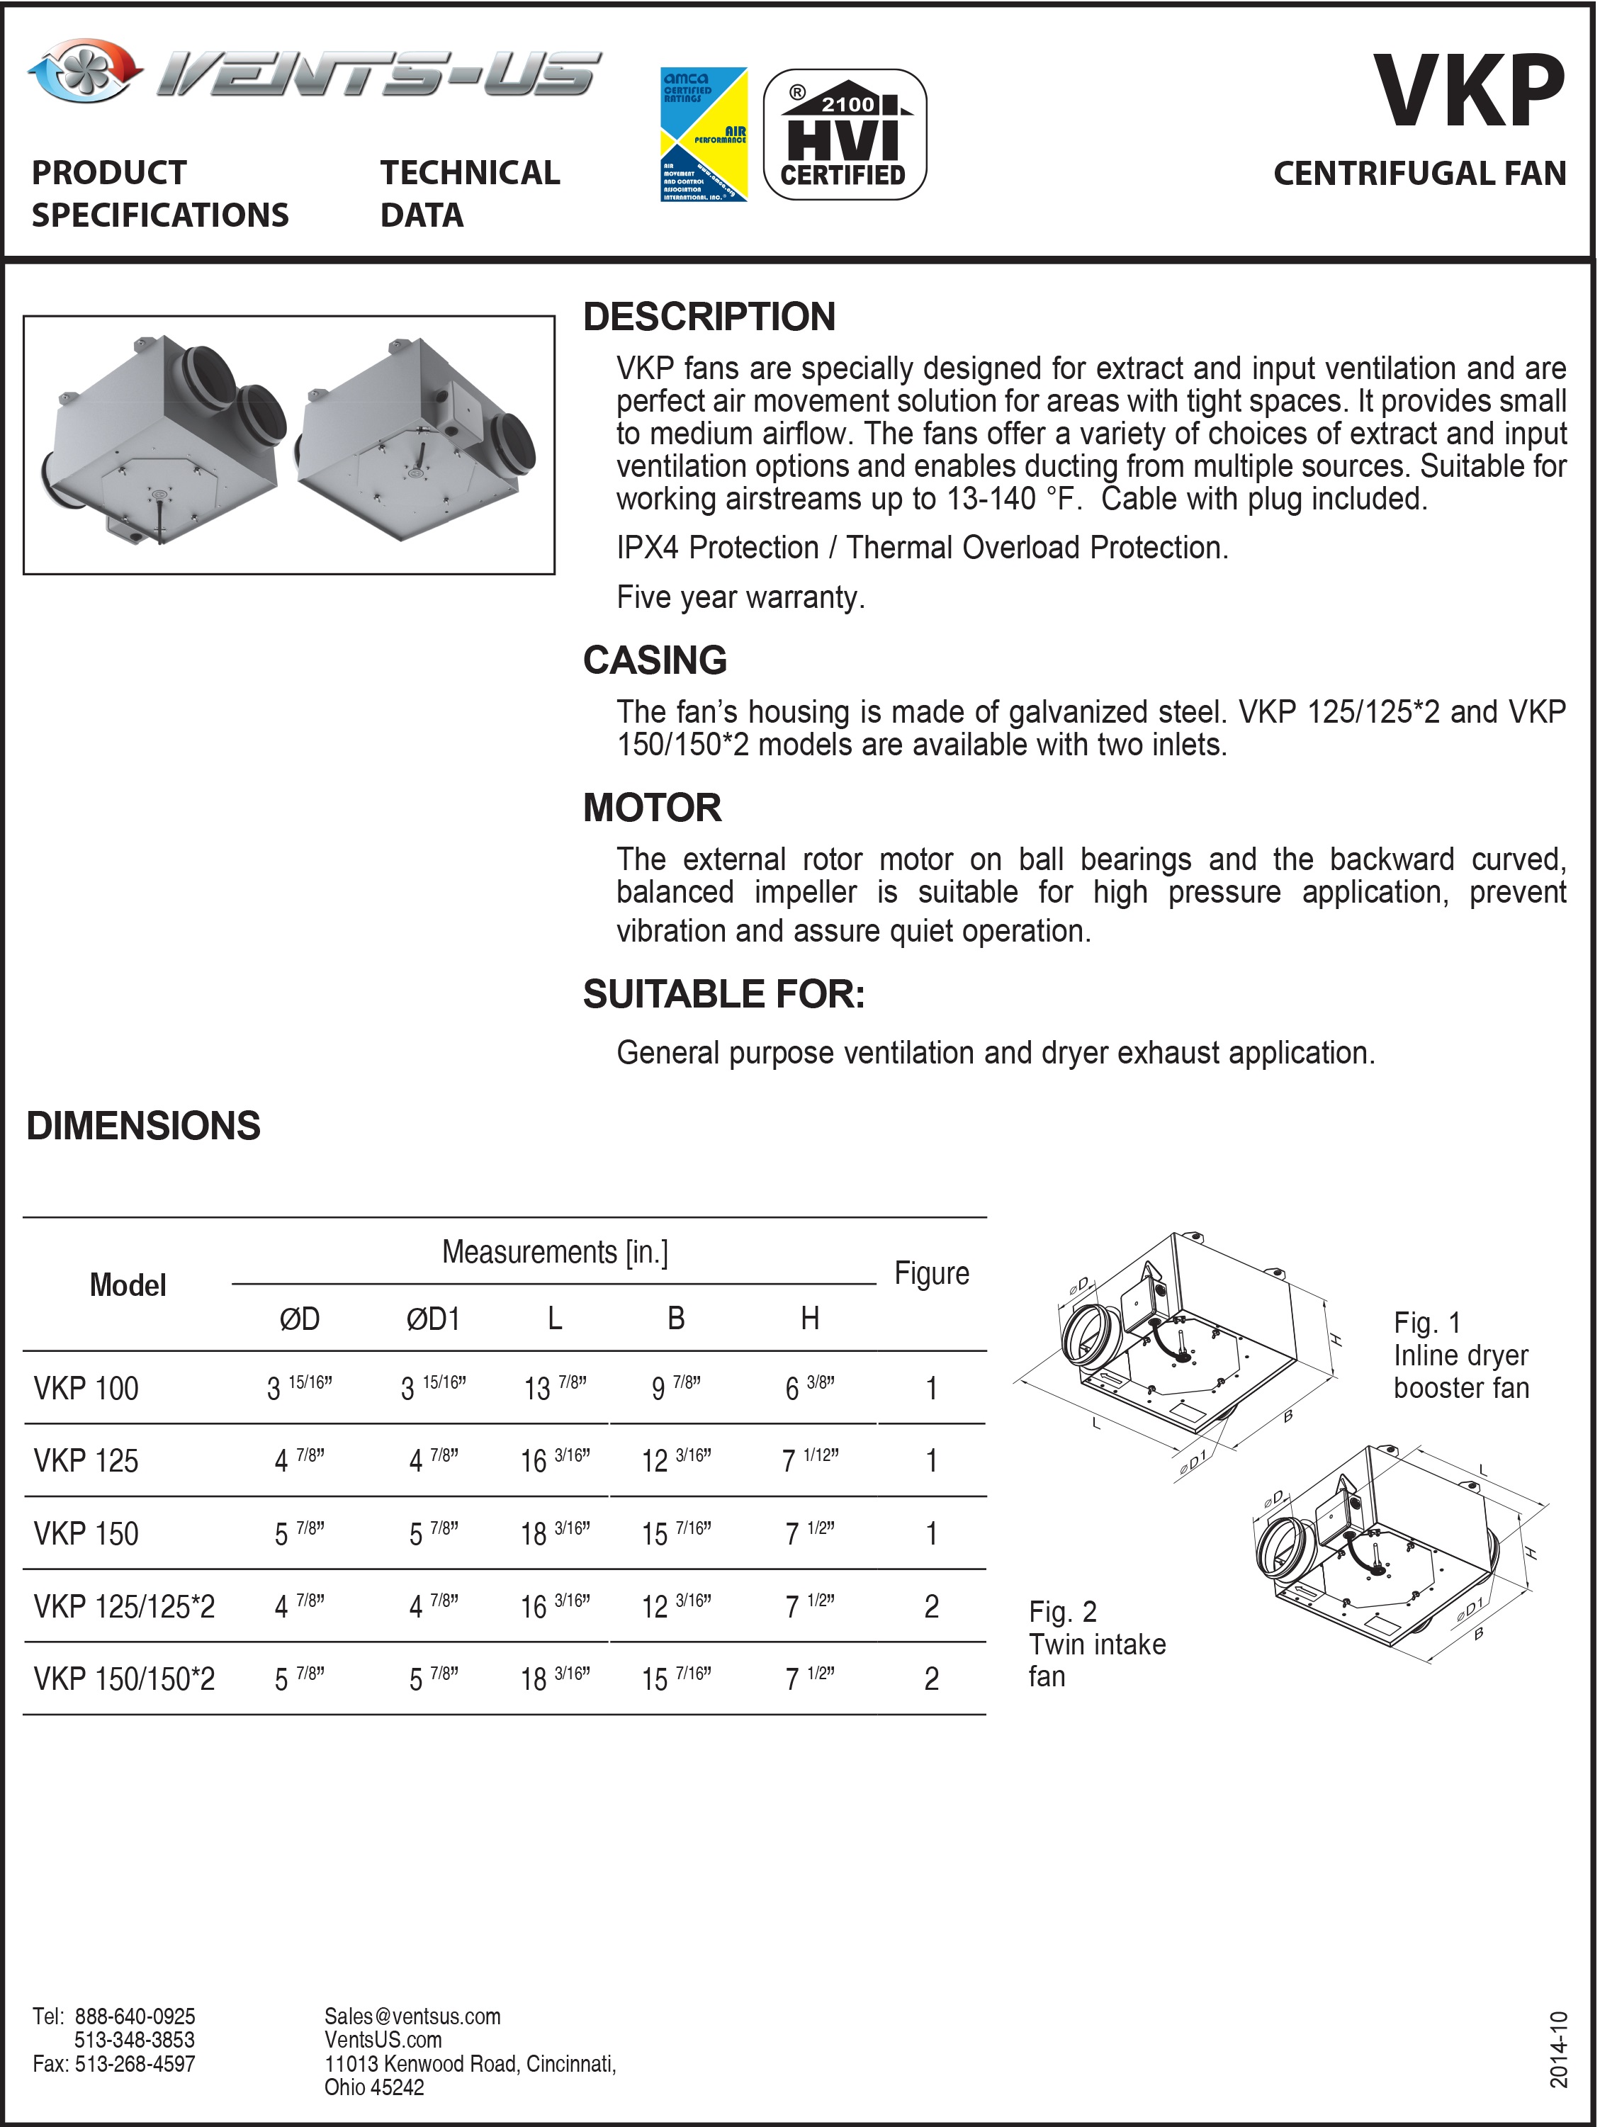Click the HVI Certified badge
coord(844,135)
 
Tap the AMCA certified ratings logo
coord(704,135)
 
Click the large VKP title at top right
coord(1468,91)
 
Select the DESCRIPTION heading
coord(709,317)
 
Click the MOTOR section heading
coord(652,808)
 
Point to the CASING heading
coord(655,660)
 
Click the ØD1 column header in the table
coord(433,1319)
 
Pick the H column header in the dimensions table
coord(810,1319)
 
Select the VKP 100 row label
coord(86,1389)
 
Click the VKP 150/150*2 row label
coord(124,1679)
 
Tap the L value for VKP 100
coord(555,1387)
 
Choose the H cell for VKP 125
coord(810,1461)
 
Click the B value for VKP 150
coord(676,1534)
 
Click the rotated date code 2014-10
coord(1559,2049)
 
